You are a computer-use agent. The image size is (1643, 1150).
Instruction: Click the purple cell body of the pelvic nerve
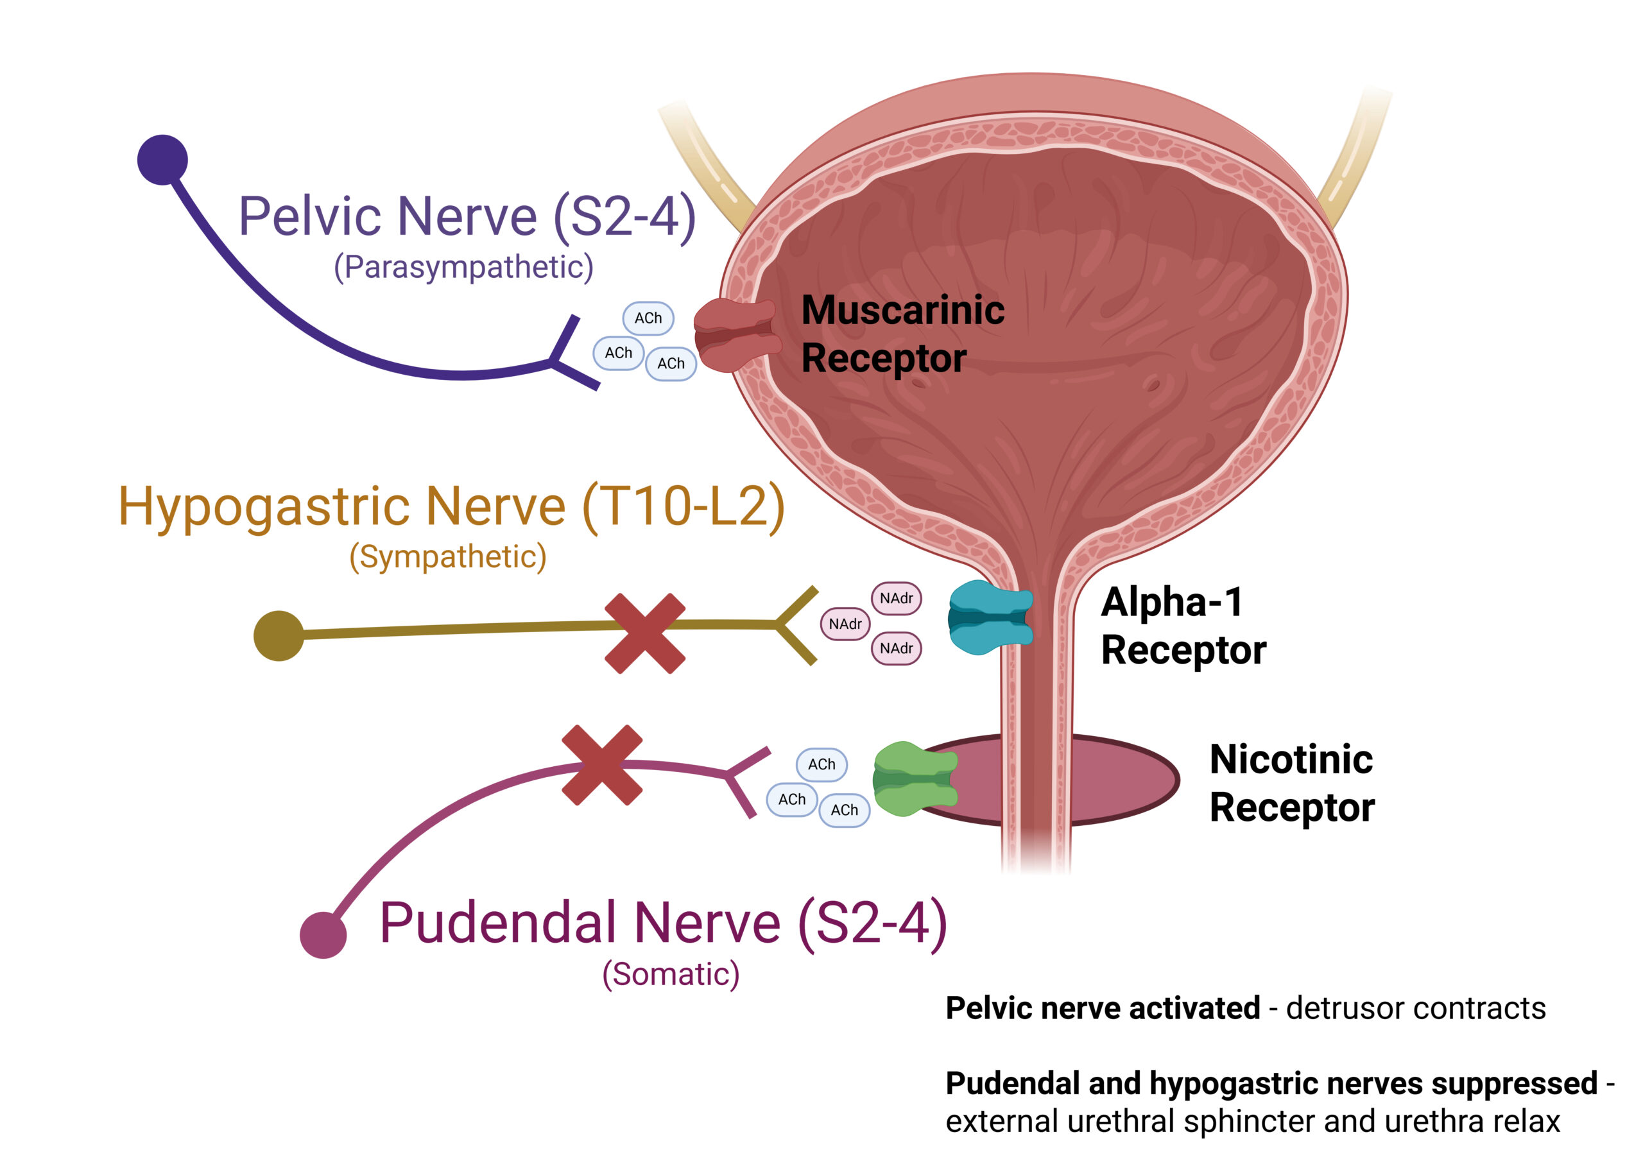click(x=162, y=160)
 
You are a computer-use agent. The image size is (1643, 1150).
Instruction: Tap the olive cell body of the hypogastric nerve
click(x=279, y=635)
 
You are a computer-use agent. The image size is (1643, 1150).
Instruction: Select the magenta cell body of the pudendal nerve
click(x=323, y=934)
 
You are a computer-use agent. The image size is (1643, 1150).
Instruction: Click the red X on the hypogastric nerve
click(x=645, y=633)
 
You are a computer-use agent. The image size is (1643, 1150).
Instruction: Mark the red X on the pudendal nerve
click(x=602, y=765)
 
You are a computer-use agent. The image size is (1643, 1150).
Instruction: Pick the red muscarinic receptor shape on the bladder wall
click(x=735, y=334)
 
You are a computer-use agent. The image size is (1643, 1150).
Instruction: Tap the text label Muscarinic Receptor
click(x=902, y=334)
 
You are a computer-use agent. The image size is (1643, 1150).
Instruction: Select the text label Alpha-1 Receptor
click(x=1182, y=626)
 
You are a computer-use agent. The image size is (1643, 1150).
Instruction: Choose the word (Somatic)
click(x=671, y=974)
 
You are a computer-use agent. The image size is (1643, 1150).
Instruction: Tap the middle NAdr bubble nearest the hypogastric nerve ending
click(x=845, y=624)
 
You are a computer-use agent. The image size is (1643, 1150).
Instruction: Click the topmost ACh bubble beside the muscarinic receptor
click(x=648, y=318)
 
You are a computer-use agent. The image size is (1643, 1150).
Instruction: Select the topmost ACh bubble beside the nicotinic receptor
click(x=821, y=764)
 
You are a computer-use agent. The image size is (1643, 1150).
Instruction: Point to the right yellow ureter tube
click(x=1355, y=157)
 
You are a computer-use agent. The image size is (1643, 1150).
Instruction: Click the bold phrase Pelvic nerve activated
click(x=1102, y=1008)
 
